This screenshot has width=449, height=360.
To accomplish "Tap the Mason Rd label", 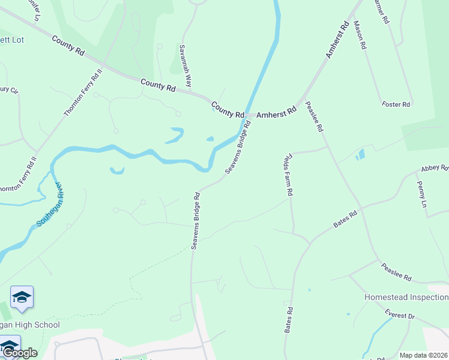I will coord(360,35).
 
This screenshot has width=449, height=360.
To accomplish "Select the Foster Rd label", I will coord(396,104).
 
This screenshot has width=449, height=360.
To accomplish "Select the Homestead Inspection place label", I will coord(406,298).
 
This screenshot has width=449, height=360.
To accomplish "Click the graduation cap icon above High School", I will coord(22,298).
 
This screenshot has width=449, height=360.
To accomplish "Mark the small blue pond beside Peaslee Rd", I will coord(360,155).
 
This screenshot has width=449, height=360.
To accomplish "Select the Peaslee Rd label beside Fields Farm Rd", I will coord(315,117).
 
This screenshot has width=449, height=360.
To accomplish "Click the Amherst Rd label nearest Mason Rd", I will coord(337,40).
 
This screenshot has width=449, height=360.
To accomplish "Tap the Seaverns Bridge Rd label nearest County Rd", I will coord(238,148).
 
